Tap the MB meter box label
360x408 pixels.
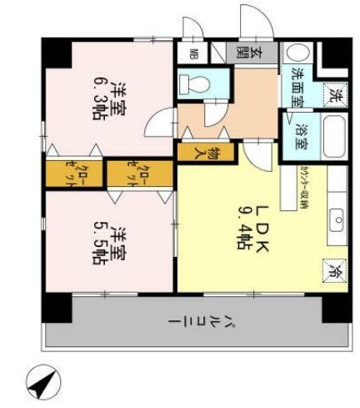point(193,56)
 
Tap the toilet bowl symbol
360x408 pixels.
point(194,83)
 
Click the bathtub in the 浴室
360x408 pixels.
point(332,137)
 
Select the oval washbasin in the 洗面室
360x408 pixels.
point(297,53)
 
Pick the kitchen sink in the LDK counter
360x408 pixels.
point(337,221)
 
